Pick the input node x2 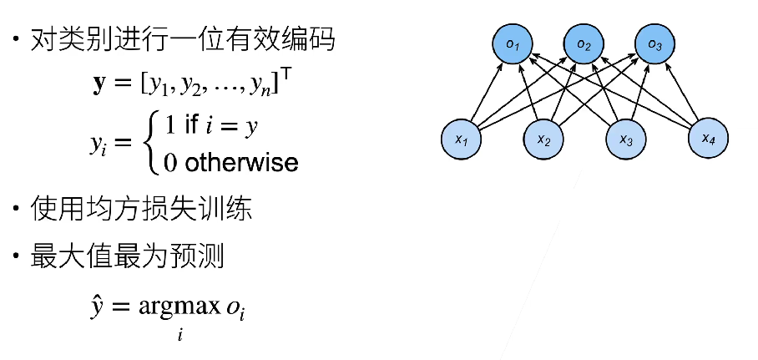pyautogui.click(x=544, y=138)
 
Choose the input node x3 pyautogui.click(x=627, y=138)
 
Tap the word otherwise pyautogui.click(x=241, y=161)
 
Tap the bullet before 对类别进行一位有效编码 pyautogui.click(x=16, y=40)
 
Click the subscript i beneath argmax pyautogui.click(x=179, y=335)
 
